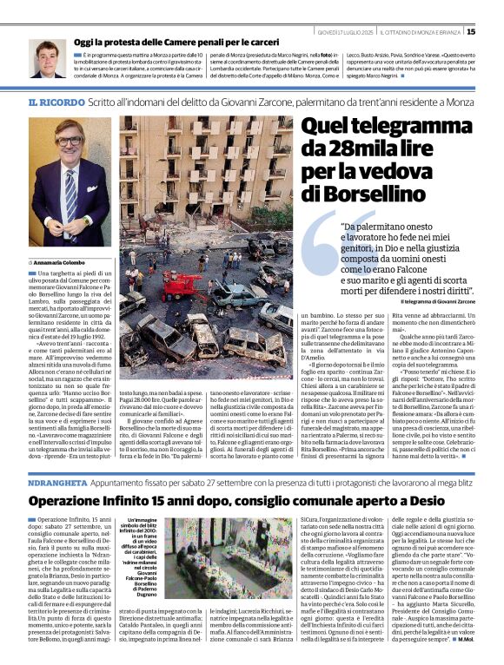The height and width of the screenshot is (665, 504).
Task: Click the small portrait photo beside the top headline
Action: click(x=47, y=58)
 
